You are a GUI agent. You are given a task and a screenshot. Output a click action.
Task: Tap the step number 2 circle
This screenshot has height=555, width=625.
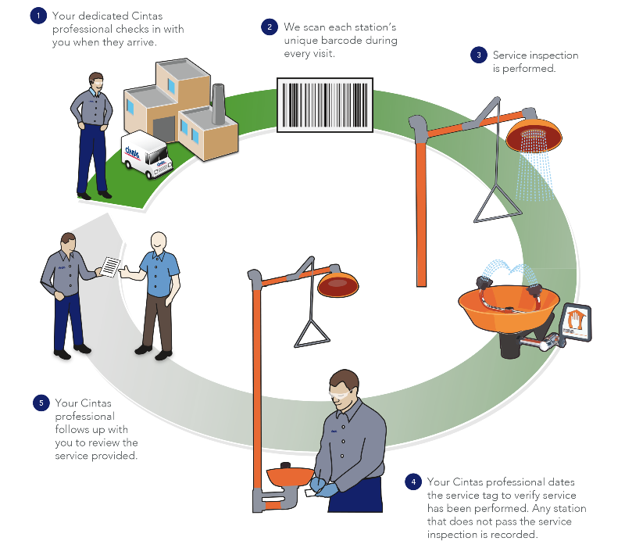point(269,27)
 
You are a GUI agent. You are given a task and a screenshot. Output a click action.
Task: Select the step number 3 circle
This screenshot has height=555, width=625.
point(477,55)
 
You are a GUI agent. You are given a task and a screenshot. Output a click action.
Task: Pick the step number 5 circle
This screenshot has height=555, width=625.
point(40,403)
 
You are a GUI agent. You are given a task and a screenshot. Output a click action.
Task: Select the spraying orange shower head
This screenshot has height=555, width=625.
point(534,134)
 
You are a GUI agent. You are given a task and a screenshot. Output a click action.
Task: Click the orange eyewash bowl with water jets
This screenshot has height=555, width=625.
point(508,305)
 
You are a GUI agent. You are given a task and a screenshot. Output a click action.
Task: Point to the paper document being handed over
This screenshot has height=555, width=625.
point(112,266)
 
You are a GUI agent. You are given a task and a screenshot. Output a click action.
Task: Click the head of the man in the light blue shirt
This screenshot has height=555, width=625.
point(159,242)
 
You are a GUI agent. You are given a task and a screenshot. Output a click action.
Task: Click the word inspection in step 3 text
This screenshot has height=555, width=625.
point(554,55)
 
